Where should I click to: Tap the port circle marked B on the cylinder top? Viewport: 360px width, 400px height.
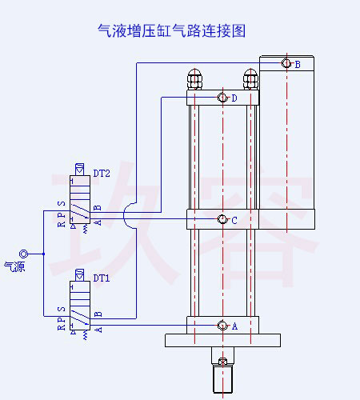[x=286, y=64]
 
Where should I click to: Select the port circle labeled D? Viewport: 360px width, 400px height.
[x=222, y=98]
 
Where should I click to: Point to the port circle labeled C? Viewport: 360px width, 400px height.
[x=222, y=219]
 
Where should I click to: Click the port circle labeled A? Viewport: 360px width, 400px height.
[x=222, y=326]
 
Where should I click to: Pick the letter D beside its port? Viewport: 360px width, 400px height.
[x=234, y=98]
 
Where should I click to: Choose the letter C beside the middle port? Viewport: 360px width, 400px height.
[x=234, y=220]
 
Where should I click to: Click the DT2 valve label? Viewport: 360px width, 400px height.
[x=102, y=173]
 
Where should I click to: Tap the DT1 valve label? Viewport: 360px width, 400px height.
[x=102, y=279]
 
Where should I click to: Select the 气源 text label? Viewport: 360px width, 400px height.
[x=14, y=266]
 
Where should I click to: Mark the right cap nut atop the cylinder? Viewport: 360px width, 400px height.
[x=250, y=80]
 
